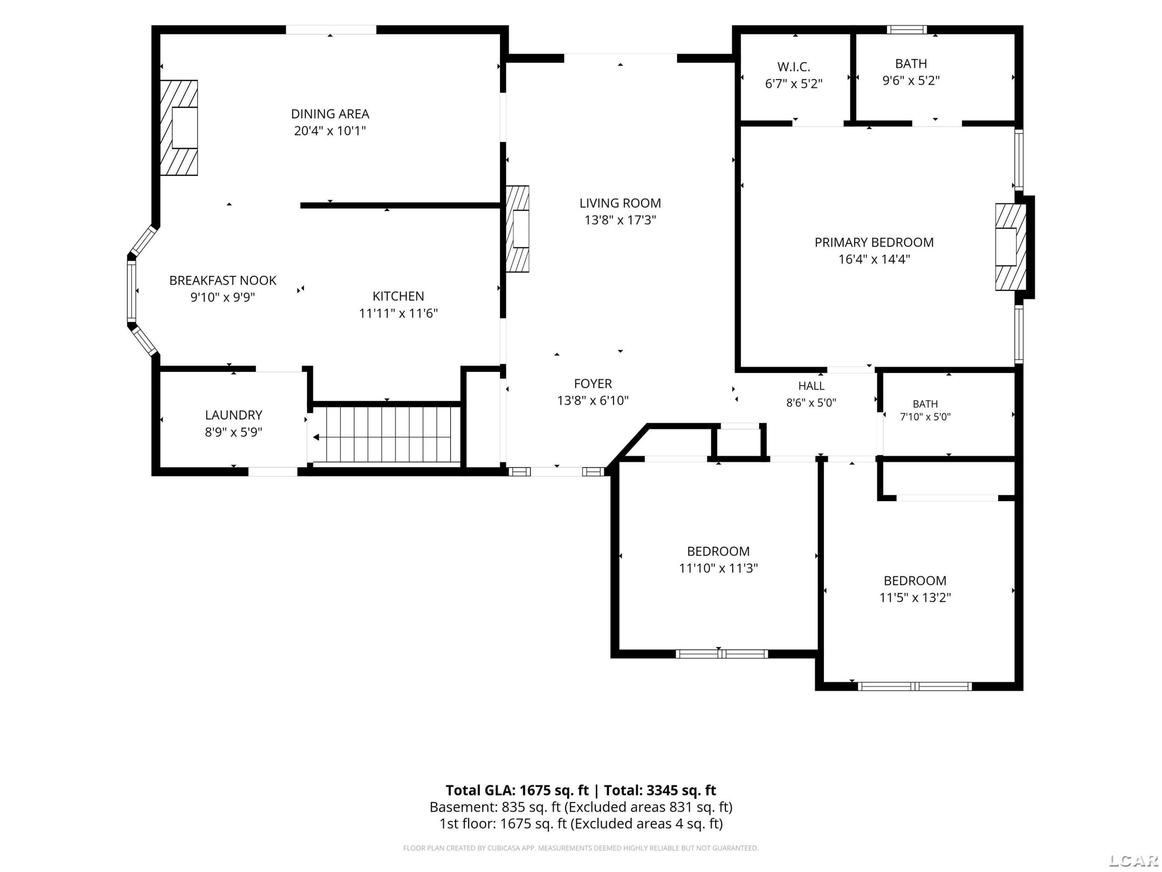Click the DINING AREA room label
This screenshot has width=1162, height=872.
330,114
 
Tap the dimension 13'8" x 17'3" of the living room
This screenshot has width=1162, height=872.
621,220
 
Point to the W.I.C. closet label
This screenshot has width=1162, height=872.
794,67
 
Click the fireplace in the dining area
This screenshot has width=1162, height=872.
179,128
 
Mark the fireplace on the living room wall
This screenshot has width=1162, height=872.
517,229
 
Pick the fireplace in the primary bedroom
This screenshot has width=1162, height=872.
1010,247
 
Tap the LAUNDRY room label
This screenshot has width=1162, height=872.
234,415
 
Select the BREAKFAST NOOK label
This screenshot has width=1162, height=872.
223,280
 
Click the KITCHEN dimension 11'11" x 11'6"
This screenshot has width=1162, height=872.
398,313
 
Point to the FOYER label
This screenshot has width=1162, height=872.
593,383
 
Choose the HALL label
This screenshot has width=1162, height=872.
811,386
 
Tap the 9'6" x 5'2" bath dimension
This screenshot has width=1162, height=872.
911,81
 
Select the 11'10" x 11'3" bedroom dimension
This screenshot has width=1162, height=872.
718,568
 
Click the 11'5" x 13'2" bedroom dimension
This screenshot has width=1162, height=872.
915,598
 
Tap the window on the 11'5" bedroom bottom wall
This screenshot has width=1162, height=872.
914,686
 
